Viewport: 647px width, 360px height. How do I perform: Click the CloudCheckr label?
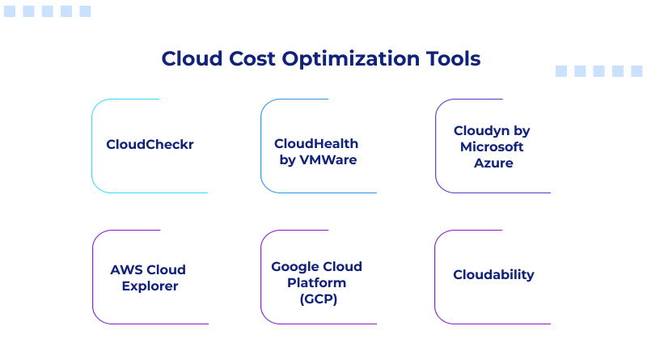tap(150, 145)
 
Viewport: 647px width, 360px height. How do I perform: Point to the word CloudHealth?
tap(316, 143)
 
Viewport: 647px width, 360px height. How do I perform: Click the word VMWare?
tap(328, 160)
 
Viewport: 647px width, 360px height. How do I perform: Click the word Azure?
tap(493, 163)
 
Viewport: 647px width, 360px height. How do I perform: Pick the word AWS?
tap(127, 269)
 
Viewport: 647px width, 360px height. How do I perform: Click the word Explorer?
tap(150, 286)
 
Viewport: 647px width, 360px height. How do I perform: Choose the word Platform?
tap(316, 282)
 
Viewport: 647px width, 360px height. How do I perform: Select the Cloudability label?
tap(493, 274)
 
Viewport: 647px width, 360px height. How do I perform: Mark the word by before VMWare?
tap(287, 160)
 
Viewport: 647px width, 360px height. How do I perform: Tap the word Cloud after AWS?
tap(167, 269)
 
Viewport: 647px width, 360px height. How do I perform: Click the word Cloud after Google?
tap(342, 266)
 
